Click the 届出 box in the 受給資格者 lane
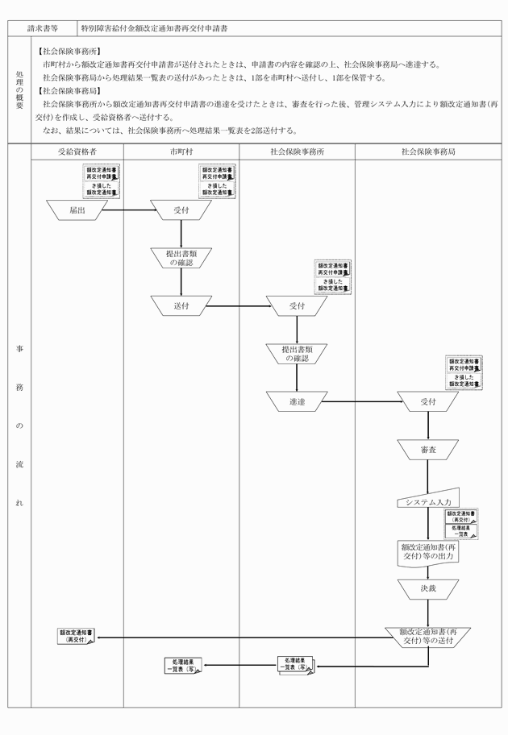(x=77, y=210)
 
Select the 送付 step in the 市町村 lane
(x=181, y=306)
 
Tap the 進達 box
(x=296, y=401)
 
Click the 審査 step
(x=428, y=450)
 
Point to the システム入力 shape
(x=428, y=500)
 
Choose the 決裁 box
(x=428, y=588)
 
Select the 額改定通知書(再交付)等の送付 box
(x=428, y=636)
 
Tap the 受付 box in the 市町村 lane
(x=181, y=210)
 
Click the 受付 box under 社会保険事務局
(x=428, y=401)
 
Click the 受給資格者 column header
(x=77, y=151)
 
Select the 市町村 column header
(x=181, y=151)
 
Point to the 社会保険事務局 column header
(x=428, y=151)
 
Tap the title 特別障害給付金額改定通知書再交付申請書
(x=154, y=27)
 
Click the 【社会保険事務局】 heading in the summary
(x=68, y=91)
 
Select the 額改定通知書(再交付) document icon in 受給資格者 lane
(x=77, y=636)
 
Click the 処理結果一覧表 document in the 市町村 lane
(x=182, y=664)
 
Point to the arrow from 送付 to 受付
(x=238, y=306)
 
